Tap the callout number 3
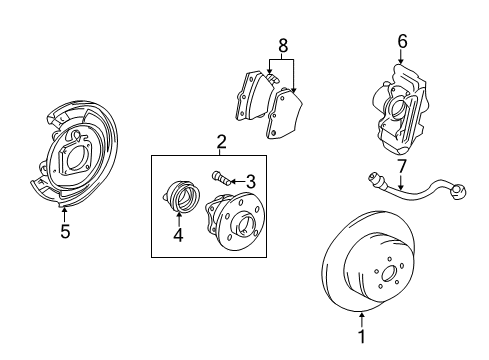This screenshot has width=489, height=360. (x=251, y=181)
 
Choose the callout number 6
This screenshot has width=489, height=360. (x=402, y=42)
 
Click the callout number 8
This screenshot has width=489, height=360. (x=282, y=45)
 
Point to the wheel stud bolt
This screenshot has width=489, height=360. (x=221, y=179)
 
